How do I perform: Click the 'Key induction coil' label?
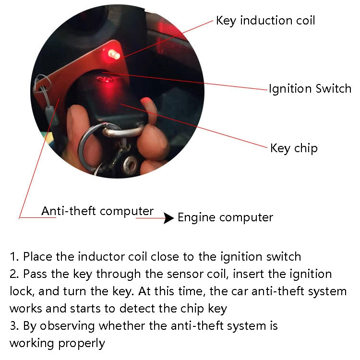(265, 21)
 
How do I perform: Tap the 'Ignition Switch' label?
(310, 89)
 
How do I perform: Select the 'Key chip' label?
(294, 148)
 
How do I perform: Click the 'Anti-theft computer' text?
(97, 211)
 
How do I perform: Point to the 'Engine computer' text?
(225, 217)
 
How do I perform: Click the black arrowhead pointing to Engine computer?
(168, 218)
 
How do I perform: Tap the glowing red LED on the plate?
(115, 54)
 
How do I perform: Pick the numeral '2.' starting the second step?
(14, 274)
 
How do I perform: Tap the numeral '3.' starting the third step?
(14, 326)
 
